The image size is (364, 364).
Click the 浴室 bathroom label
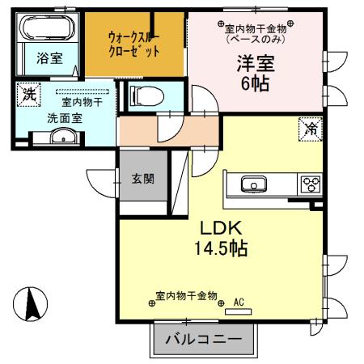pos(48,57)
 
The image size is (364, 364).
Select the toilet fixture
pos(145,95)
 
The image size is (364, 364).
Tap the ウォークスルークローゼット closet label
pos(133,43)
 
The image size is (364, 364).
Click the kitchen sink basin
pos(253,186)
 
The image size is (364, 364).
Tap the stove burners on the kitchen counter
pos(310,184)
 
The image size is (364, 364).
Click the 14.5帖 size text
pos(214,248)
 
